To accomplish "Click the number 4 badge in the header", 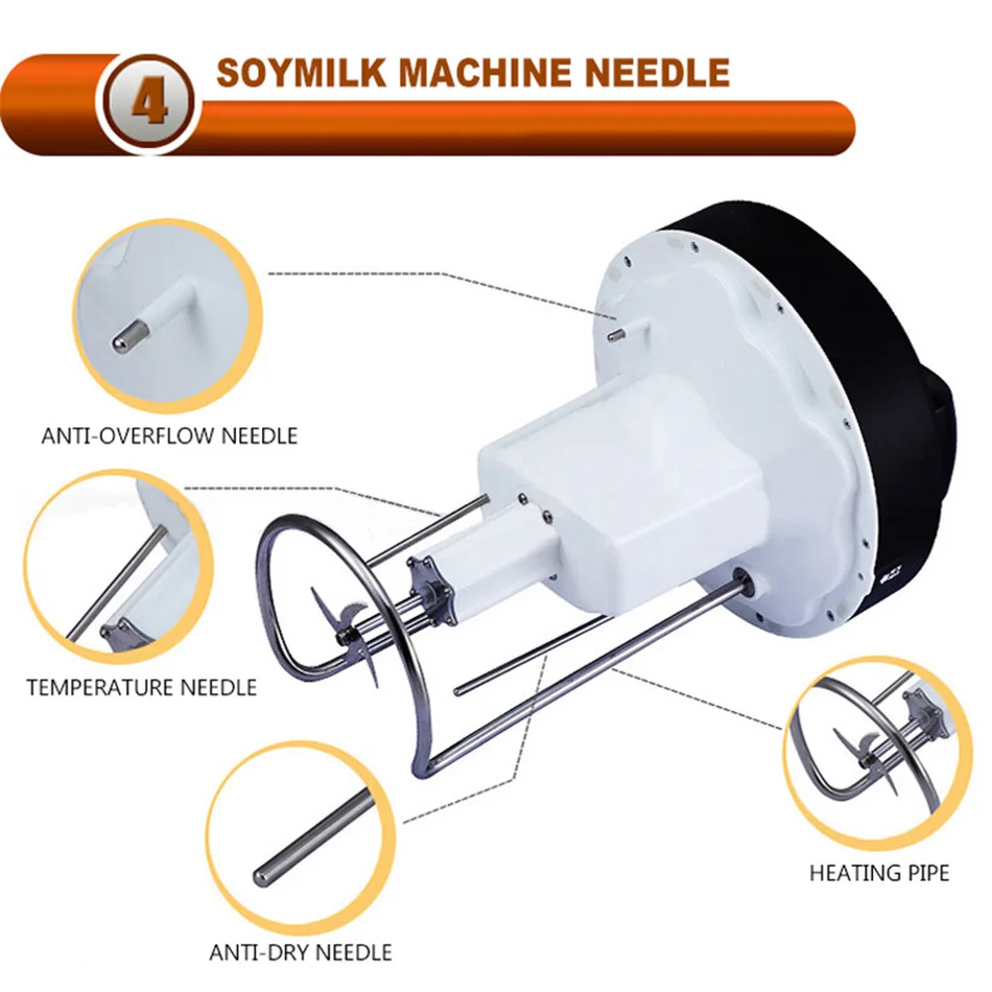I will pos(149,103).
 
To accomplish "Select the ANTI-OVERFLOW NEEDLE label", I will pos(170,435).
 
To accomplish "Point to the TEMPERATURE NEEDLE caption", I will pos(142,687).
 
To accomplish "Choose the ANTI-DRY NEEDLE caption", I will pos(301,953).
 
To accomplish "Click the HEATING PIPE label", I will pos(879,874).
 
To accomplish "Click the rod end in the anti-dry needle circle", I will pos(268,874).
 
